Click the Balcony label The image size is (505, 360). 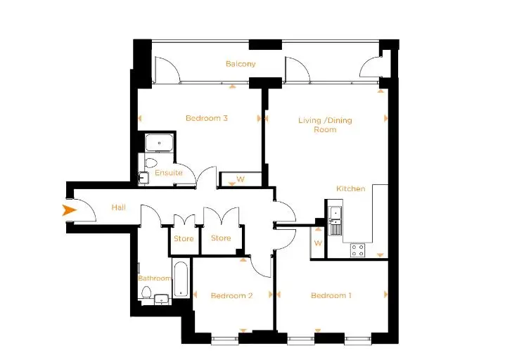tap(241, 64)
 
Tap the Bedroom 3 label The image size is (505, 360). tap(207, 118)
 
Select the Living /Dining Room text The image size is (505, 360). tap(325, 124)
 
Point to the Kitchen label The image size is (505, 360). tap(351, 188)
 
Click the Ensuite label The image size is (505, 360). tap(168, 172)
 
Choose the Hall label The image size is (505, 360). tap(119, 207)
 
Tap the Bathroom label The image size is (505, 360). tap(154, 278)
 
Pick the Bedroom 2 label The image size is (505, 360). tap(231, 295)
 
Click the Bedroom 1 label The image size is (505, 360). tap(331, 295)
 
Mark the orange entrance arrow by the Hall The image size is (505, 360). tap(69, 210)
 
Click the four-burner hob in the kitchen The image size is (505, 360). tap(357, 250)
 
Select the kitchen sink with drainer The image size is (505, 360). tap(335, 221)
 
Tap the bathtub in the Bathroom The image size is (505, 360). tap(180, 279)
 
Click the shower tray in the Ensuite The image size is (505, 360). tap(159, 143)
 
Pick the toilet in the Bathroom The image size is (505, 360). tap(146, 292)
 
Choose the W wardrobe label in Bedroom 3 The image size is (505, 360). tap(241, 179)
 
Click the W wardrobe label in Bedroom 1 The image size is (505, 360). tap(318, 243)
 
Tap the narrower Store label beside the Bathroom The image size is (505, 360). tap(184, 238)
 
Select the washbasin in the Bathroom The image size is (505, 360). tap(160, 299)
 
